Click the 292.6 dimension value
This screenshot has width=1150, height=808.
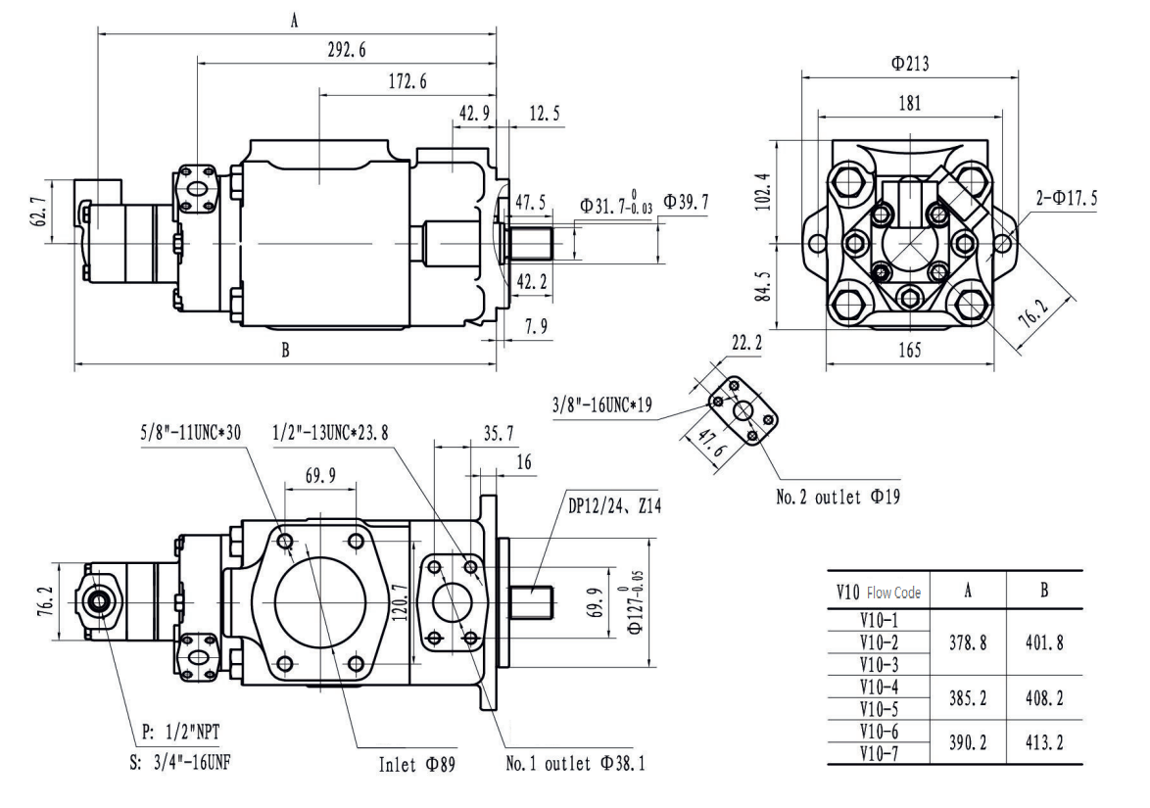click(x=346, y=51)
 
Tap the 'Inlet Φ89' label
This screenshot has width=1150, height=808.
click(x=416, y=763)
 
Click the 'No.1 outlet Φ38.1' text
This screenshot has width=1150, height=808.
click(x=575, y=763)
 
